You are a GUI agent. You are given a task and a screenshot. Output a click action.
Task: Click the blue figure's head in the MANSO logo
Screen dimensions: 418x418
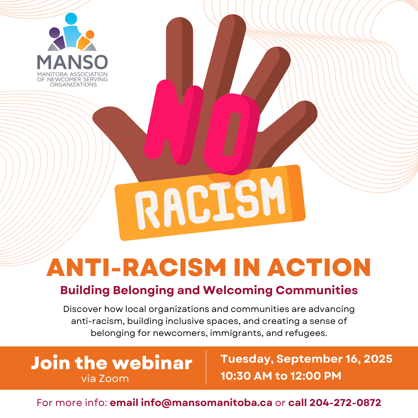[x=71, y=19]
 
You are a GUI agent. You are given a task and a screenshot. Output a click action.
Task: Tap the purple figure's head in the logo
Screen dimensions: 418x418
[x=55, y=33]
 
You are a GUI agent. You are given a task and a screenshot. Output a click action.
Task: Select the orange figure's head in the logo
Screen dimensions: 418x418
[x=90, y=35]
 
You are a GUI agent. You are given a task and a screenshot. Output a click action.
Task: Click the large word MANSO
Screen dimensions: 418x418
[x=72, y=62]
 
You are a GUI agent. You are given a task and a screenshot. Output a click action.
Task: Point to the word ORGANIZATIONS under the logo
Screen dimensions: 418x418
[x=73, y=84]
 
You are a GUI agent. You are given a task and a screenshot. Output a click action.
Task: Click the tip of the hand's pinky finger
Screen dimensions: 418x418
[x=309, y=108]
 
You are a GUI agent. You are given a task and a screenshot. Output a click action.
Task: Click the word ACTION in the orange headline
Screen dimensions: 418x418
[x=319, y=267]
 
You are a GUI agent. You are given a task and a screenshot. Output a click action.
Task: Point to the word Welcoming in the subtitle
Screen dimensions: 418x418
[x=238, y=290]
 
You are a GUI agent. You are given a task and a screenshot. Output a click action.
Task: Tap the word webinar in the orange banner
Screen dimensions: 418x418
[x=152, y=363]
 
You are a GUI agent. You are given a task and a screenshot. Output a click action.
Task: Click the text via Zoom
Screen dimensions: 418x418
[x=105, y=379]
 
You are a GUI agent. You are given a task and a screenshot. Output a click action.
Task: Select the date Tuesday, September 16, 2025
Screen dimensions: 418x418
[x=307, y=359]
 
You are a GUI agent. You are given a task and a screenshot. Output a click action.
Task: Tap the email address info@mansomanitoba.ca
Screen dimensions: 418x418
[x=207, y=403]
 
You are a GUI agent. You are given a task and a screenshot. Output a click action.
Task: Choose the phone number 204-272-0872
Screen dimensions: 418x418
[x=346, y=403]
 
